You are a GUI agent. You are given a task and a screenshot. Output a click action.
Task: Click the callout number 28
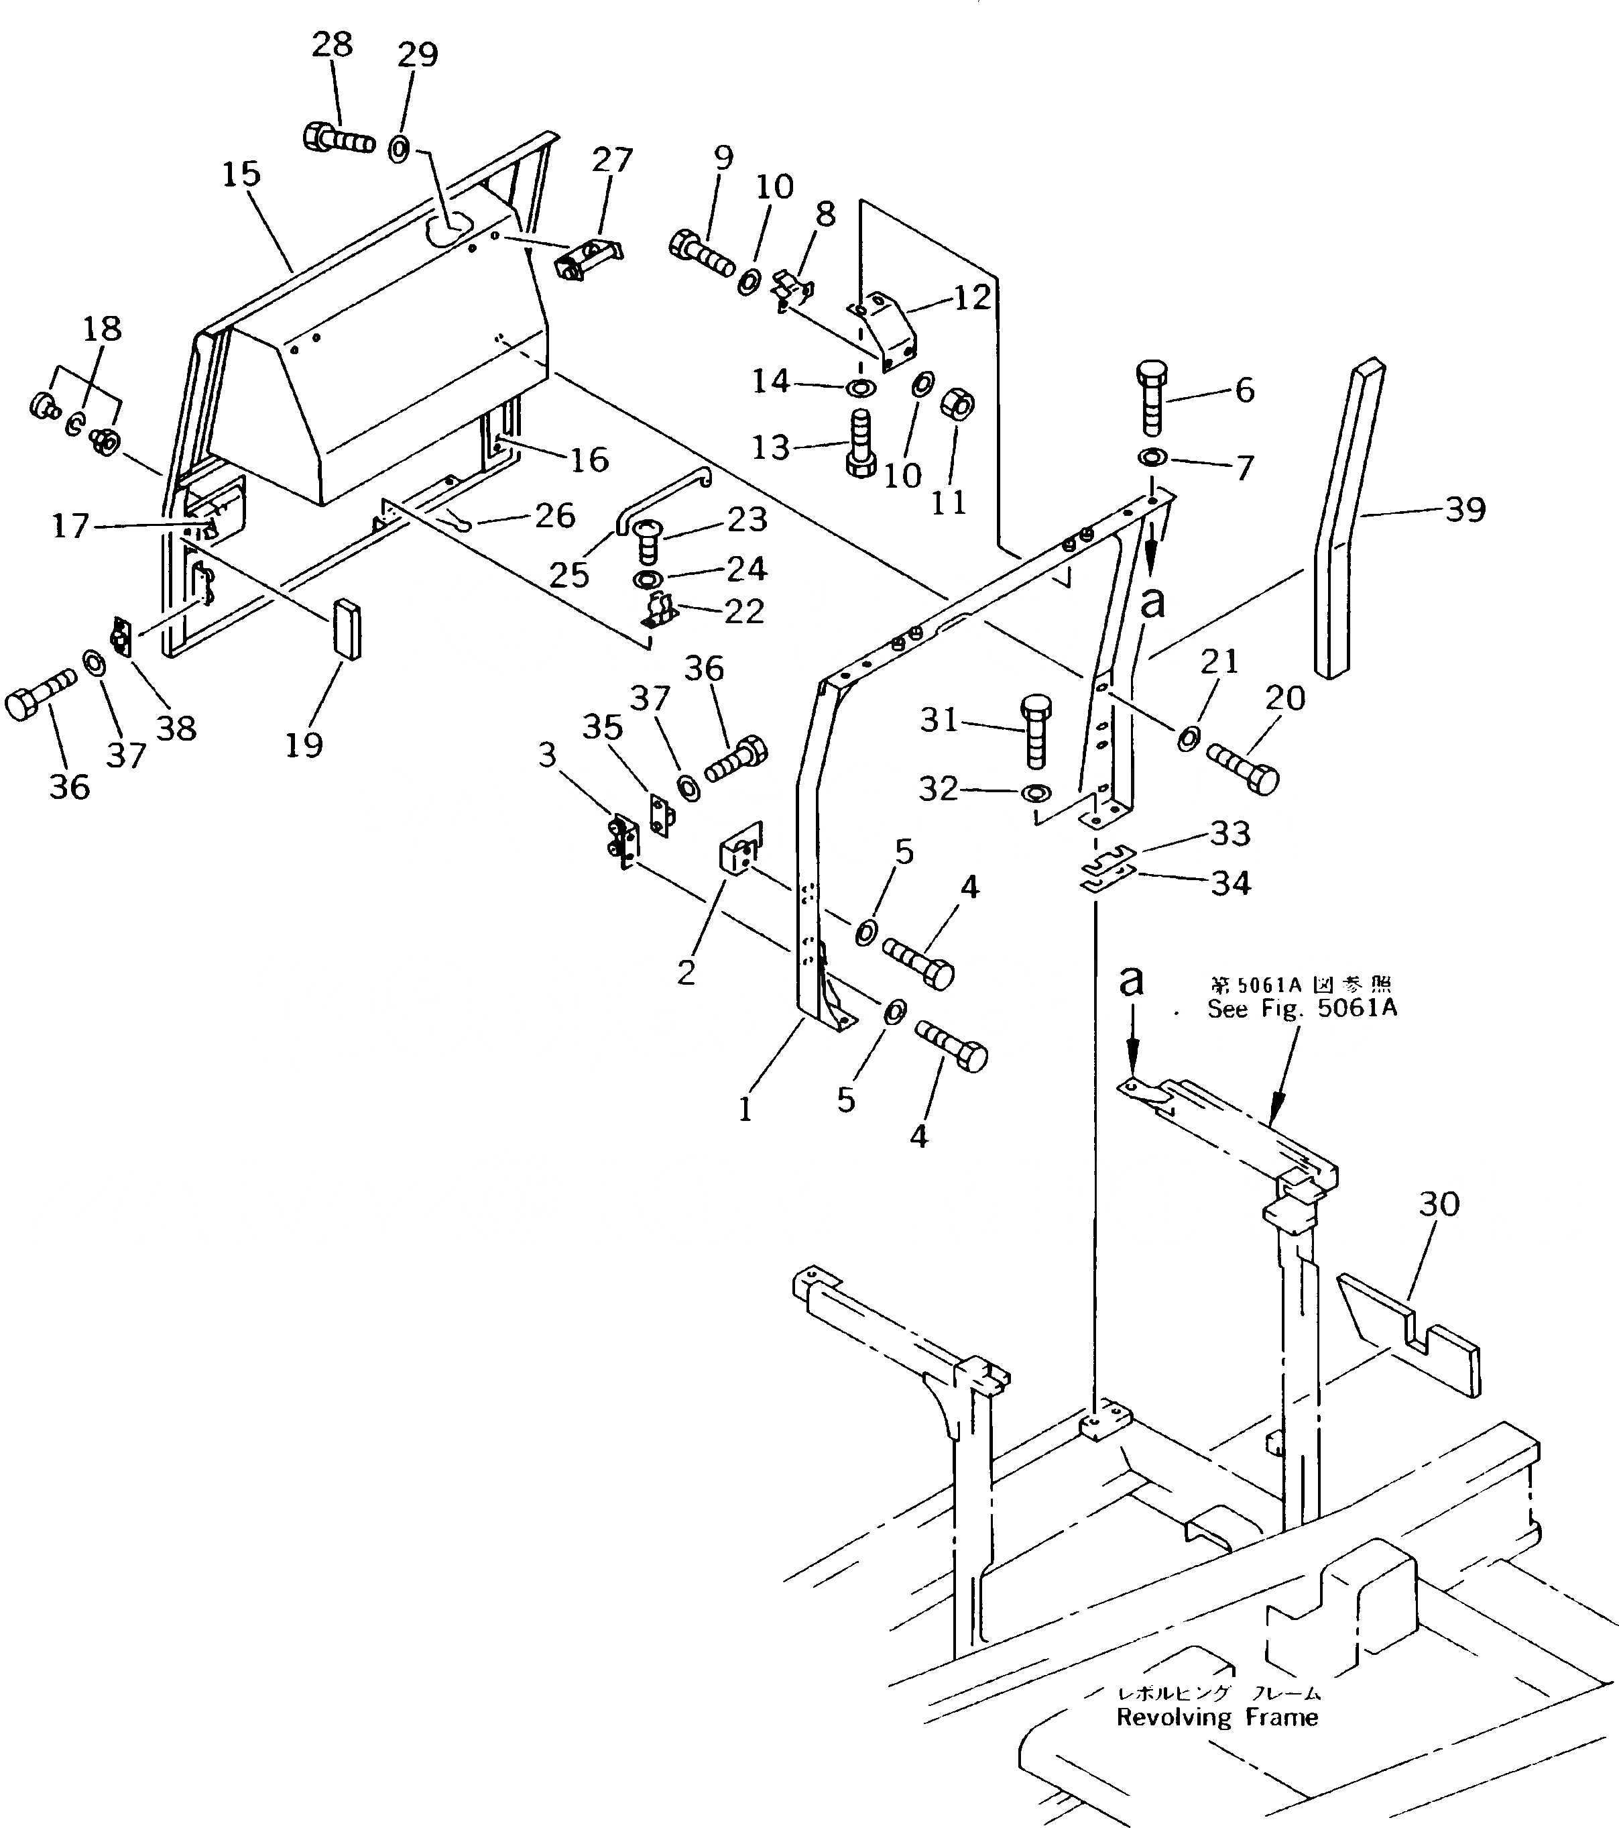tap(333, 45)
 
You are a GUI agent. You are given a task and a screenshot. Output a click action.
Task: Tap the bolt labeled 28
tap(338, 140)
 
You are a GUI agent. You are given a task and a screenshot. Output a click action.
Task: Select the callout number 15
tap(241, 174)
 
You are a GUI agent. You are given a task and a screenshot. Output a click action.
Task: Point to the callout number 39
tap(1465, 510)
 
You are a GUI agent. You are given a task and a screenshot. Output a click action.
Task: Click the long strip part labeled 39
tap(1348, 519)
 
